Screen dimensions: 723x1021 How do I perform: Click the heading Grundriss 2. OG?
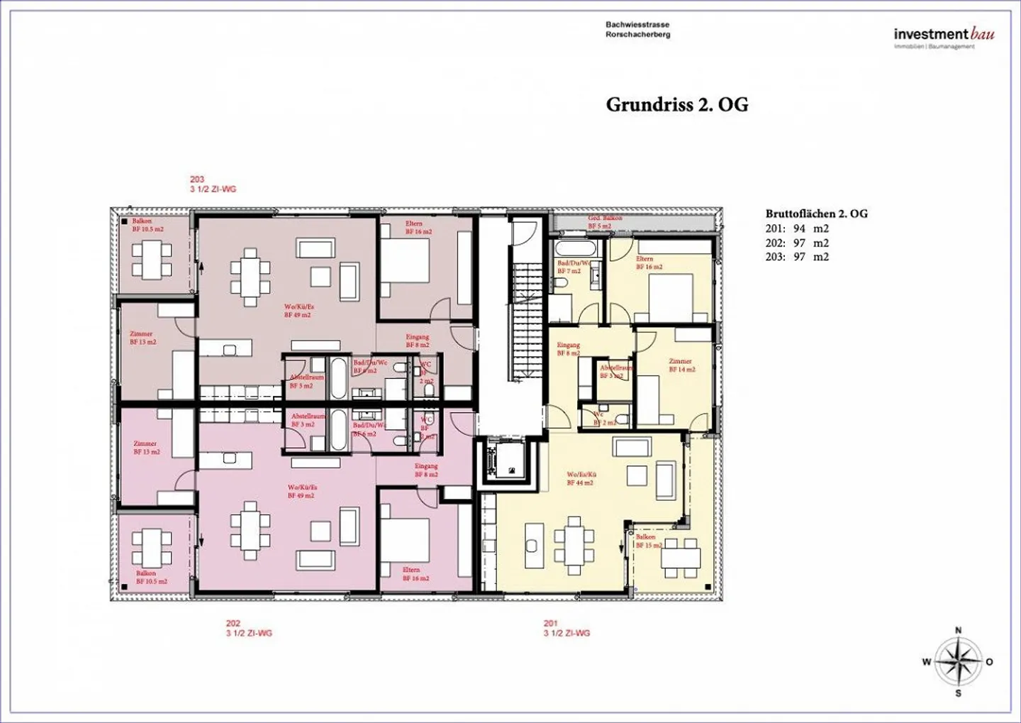(x=676, y=104)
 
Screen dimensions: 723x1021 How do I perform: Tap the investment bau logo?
(x=943, y=36)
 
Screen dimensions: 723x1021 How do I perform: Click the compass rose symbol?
(x=958, y=661)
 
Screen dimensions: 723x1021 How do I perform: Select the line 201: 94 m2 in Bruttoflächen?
(x=797, y=228)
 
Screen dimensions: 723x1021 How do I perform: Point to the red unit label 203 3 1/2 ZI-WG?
(x=213, y=184)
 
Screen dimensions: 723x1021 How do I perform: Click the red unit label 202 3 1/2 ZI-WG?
(x=249, y=629)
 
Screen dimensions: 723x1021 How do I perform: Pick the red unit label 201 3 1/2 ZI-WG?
(x=567, y=629)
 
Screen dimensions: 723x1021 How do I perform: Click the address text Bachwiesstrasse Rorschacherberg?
(x=637, y=29)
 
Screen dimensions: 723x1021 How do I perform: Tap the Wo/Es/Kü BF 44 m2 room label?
(x=580, y=478)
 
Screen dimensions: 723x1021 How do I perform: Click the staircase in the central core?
(x=526, y=319)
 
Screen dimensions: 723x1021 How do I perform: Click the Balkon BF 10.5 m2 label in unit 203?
(x=147, y=225)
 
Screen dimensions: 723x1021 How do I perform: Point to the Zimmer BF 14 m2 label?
(x=681, y=365)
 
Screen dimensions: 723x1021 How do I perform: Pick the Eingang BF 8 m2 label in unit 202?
(x=426, y=470)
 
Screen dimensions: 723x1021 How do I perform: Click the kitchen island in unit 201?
(x=534, y=545)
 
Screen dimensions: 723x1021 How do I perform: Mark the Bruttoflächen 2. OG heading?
(x=816, y=214)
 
